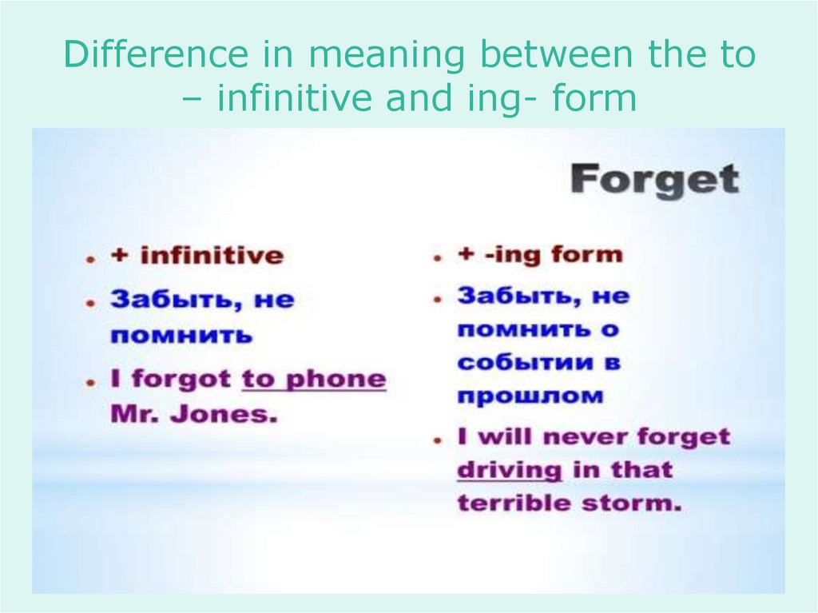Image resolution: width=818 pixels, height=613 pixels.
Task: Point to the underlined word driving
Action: [x=510, y=470]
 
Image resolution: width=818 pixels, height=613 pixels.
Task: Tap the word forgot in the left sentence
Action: [x=181, y=379]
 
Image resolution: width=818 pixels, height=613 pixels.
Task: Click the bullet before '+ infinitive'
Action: [x=93, y=259]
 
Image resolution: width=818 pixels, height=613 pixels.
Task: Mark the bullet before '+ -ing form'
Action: [x=438, y=258]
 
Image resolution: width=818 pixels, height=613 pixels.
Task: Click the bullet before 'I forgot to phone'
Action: [x=93, y=382]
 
